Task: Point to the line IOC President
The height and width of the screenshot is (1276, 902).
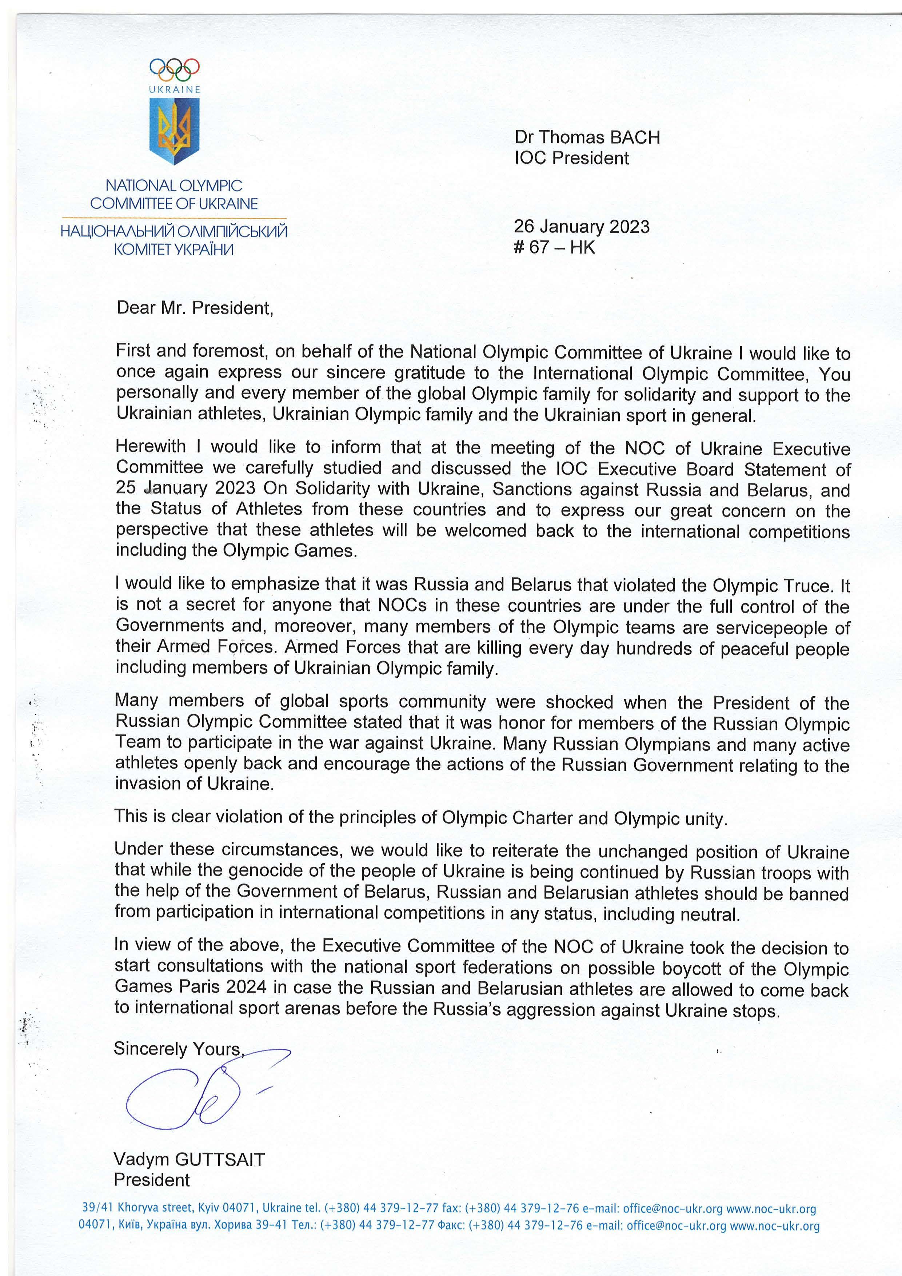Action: point(572,158)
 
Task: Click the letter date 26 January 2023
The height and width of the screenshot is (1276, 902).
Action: point(581,227)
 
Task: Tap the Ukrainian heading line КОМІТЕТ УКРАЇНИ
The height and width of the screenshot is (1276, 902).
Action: point(174,250)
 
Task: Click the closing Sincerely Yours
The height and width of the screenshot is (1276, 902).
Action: point(178,1049)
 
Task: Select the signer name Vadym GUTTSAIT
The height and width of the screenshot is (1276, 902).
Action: point(189,1159)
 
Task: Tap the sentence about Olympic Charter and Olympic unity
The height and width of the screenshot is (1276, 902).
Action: point(421,818)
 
